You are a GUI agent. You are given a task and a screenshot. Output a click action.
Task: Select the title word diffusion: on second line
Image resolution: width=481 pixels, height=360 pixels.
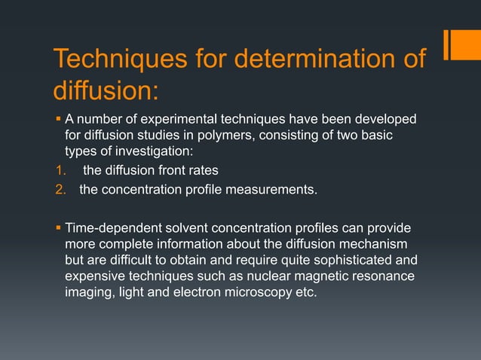pos(106,91)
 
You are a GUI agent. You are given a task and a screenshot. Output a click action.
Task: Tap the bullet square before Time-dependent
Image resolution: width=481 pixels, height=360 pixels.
pos(58,227)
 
